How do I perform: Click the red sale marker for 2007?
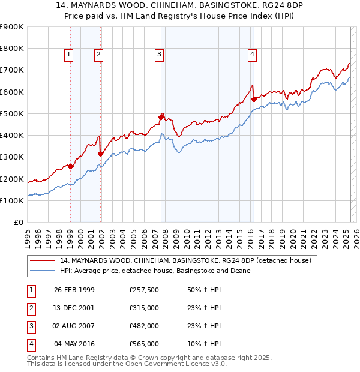pos(161,116)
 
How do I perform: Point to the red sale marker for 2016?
pos(254,99)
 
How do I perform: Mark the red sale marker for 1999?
pos(71,166)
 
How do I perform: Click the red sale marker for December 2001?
pos(100,154)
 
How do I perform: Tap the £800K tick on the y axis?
pos(12,49)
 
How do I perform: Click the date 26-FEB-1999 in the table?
pos(74,290)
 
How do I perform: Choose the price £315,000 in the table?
pos(144,308)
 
